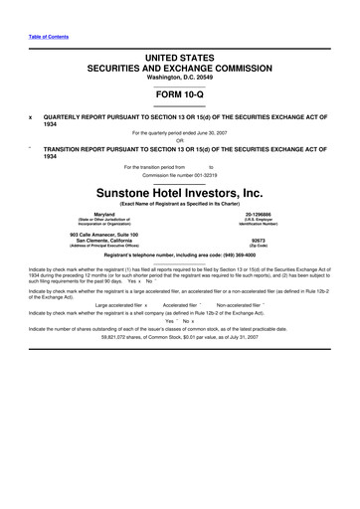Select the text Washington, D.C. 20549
[180, 78]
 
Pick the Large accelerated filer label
[118, 305]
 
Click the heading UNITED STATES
[180, 58]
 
